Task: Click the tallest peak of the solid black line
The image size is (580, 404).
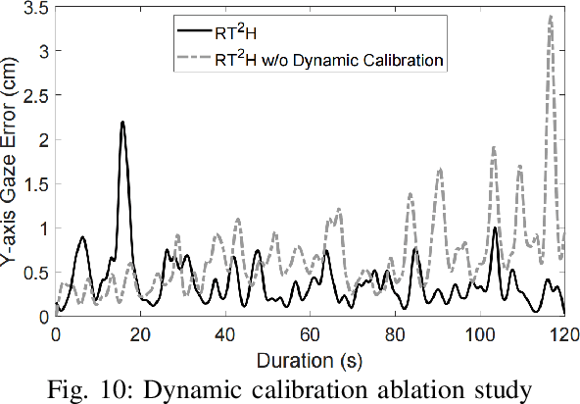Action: pos(122,123)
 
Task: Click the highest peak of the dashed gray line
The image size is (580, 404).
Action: pos(552,16)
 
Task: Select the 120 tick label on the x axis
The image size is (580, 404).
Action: pos(563,333)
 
